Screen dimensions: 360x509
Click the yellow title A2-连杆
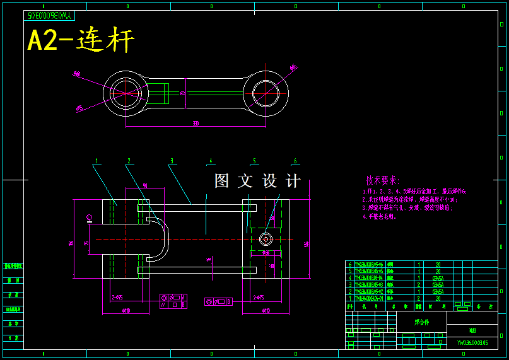pos(81,41)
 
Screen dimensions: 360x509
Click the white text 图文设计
pos(257,182)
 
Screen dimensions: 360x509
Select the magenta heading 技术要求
pos(383,181)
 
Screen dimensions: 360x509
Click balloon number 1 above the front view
pos(97,161)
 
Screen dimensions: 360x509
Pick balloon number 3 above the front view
pos(172,161)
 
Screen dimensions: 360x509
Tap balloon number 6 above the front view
pos(295,161)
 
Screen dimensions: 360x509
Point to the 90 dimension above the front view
pos(145,186)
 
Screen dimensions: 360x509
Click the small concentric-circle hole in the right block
pos(266,239)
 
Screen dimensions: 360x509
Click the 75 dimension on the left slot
pos(86,243)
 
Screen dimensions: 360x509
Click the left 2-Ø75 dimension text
pos(117,297)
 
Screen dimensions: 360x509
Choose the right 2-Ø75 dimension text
pos(258,297)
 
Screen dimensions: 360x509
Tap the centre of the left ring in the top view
pos(126,94)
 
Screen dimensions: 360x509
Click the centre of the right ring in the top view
pos(266,94)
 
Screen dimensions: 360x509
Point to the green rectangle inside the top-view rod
pos(158,94)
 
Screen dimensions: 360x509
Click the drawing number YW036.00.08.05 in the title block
pos(472,344)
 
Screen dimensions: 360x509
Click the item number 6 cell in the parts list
pos(349,265)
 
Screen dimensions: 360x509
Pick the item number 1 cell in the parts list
pos(349,298)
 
